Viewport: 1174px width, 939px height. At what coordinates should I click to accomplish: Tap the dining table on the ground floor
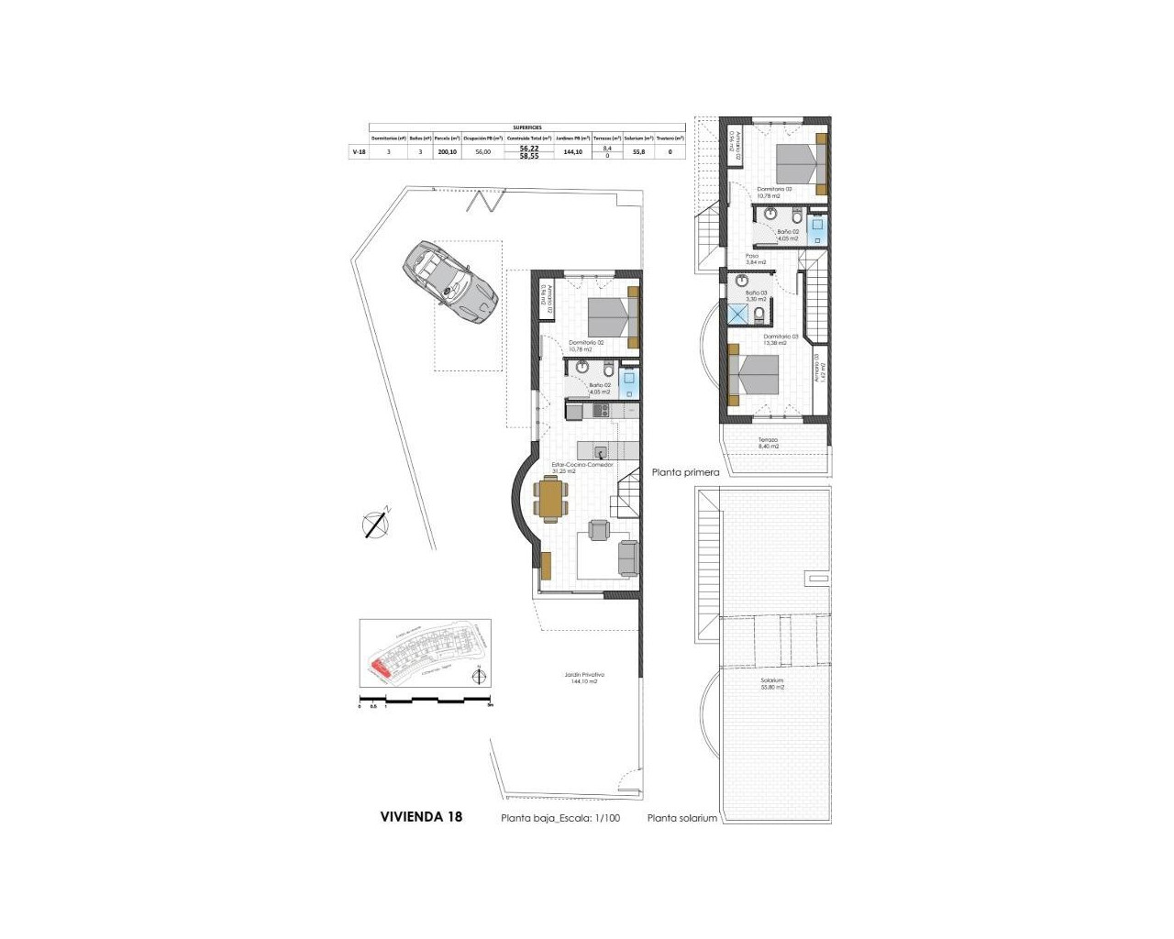point(550,500)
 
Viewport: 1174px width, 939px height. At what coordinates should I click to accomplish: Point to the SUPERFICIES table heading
point(526,127)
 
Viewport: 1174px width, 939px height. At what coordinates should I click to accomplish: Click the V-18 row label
point(360,152)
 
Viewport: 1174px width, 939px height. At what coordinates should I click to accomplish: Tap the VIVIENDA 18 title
point(421,816)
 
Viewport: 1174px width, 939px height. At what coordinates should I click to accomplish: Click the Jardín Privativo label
point(584,678)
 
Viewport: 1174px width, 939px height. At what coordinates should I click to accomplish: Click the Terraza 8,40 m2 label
point(769,443)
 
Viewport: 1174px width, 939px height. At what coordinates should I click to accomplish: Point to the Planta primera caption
point(685,473)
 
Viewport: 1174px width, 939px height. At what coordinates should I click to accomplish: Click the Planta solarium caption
point(681,818)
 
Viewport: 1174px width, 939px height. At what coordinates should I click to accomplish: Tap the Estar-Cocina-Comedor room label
point(581,468)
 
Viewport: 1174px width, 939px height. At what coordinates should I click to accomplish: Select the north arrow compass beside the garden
point(376,524)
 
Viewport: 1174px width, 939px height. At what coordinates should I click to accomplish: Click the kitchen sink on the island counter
point(600,451)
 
